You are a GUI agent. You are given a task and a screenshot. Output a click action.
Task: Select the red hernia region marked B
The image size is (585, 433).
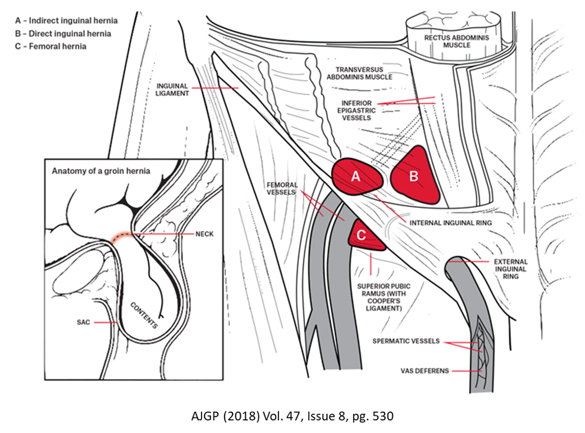click(415, 174)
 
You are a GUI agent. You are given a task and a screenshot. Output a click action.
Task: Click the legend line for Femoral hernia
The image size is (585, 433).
click(51, 46)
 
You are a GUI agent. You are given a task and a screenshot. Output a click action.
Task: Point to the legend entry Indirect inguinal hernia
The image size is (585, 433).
click(66, 21)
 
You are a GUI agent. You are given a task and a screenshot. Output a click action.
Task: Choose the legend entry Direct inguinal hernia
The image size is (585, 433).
click(63, 34)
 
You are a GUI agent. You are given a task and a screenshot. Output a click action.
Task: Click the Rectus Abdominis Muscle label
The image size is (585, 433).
click(456, 42)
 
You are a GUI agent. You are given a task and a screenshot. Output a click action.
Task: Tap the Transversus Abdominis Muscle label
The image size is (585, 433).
click(359, 73)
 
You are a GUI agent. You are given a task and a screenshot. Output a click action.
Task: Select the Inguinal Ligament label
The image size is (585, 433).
click(172, 89)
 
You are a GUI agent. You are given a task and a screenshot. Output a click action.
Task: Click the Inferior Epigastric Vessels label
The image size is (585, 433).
click(357, 110)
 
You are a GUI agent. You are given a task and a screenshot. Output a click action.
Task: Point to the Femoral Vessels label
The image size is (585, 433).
click(282, 188)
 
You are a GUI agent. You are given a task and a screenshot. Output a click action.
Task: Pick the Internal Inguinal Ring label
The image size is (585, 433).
click(451, 223)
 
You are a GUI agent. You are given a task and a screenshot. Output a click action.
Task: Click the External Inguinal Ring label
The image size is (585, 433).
click(511, 269)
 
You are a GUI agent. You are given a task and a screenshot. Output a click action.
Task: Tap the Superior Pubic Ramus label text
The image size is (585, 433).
click(384, 297)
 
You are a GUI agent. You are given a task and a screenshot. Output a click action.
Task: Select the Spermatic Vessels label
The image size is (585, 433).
click(406, 341)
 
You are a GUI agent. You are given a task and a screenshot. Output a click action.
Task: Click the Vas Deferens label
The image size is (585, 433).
click(424, 371)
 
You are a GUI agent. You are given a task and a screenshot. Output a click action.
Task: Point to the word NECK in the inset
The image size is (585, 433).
click(204, 234)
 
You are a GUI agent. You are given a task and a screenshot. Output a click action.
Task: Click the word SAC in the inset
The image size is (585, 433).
click(83, 323)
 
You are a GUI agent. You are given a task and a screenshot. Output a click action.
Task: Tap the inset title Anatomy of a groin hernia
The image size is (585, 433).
click(101, 171)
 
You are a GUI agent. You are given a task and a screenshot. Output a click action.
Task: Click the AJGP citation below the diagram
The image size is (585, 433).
click(292, 416)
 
